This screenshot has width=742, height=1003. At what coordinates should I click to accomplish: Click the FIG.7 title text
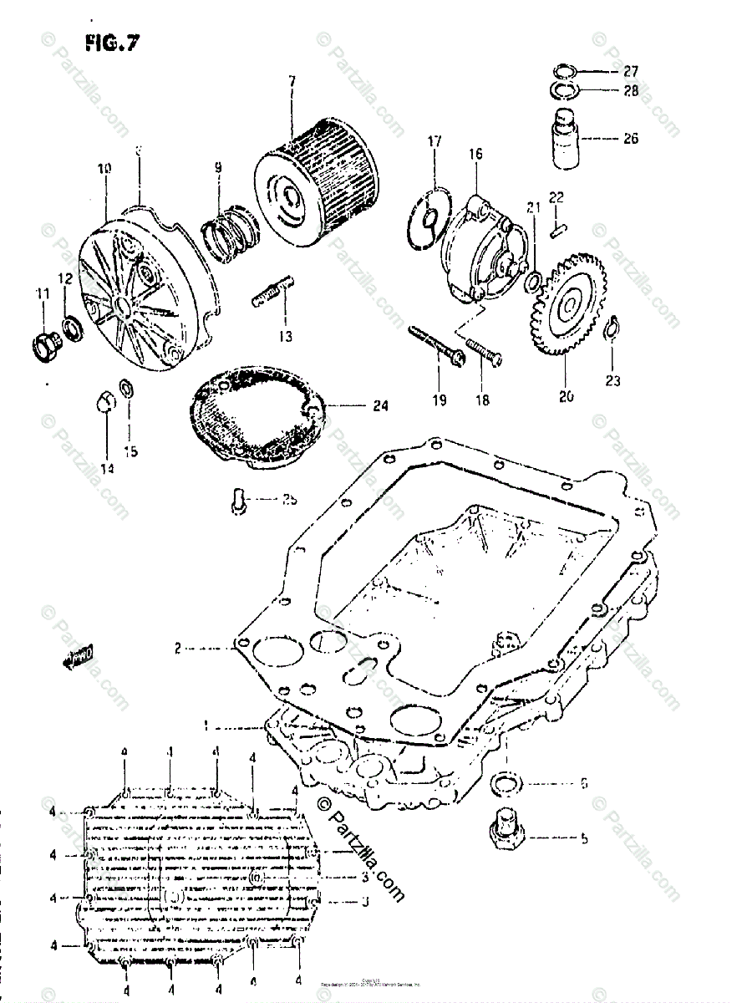(x=110, y=43)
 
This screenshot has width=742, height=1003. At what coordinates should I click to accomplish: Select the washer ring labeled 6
(x=506, y=784)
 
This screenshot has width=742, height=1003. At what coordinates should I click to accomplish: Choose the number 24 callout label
(x=380, y=407)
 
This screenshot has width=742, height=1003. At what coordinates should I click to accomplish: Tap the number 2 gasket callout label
(x=177, y=648)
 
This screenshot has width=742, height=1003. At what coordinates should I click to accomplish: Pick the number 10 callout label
(x=104, y=168)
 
